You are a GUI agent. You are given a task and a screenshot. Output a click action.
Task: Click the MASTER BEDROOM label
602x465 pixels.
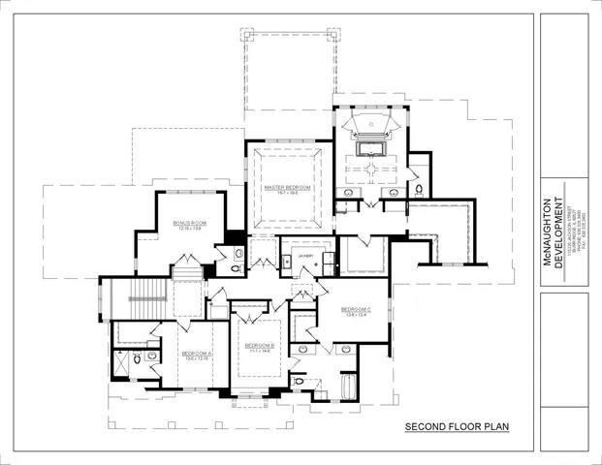[x=288, y=186]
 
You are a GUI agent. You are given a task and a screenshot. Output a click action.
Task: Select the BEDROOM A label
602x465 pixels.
[x=197, y=354]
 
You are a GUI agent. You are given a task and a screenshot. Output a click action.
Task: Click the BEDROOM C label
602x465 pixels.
[x=357, y=309]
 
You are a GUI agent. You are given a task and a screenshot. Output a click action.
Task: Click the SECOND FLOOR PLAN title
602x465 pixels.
[x=457, y=426]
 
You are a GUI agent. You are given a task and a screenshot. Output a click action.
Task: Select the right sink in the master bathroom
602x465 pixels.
[x=394, y=192]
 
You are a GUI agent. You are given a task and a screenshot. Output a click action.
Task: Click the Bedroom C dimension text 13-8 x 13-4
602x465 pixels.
[x=357, y=315]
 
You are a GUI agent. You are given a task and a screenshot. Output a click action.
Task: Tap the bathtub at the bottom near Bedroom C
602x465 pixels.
[x=346, y=388]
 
